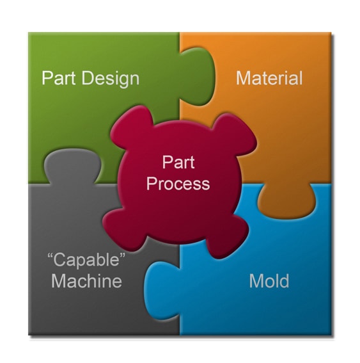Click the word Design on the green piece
[x=110, y=79]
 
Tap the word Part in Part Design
[x=59, y=78]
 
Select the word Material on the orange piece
[x=269, y=78]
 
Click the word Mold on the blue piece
[x=269, y=280]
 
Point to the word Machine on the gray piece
[x=86, y=280]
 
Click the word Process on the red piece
[x=178, y=184]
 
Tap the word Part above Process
[x=178, y=162]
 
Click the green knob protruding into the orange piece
[x=198, y=76]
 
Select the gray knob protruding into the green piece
[x=72, y=166]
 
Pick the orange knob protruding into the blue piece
[x=286, y=201]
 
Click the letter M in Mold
[x=256, y=281]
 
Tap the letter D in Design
[x=88, y=78]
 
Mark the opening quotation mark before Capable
[x=50, y=256]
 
